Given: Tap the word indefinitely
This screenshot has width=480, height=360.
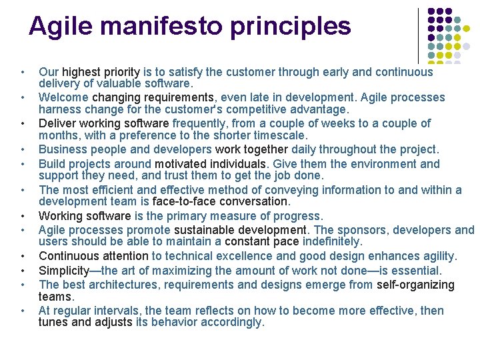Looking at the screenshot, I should coord(332,242).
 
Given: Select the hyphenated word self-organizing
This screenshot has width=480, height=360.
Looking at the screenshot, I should coord(415,285).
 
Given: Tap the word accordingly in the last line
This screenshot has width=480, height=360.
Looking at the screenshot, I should coord(231,323).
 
